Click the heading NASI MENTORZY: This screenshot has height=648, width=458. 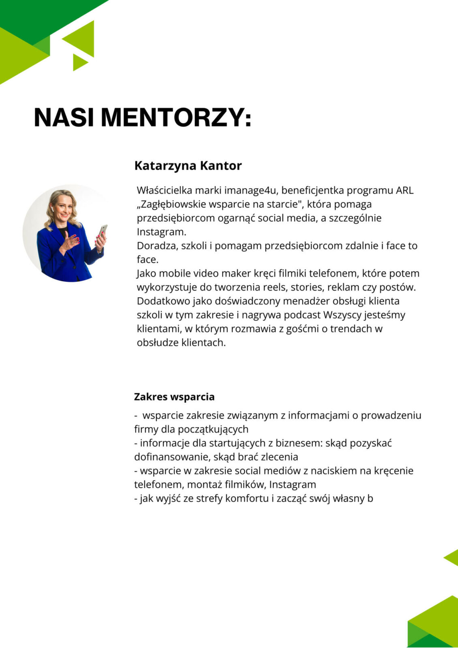click(x=143, y=118)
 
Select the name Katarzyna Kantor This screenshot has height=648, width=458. click(x=188, y=166)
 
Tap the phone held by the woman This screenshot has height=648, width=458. click(x=103, y=231)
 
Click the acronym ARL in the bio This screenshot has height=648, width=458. click(x=404, y=190)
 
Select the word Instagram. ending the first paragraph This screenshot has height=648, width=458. click(x=161, y=232)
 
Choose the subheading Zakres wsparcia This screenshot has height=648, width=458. click(x=174, y=397)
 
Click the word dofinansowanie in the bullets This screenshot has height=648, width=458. click(x=171, y=457)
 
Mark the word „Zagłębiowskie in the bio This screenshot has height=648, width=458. click(x=171, y=205)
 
